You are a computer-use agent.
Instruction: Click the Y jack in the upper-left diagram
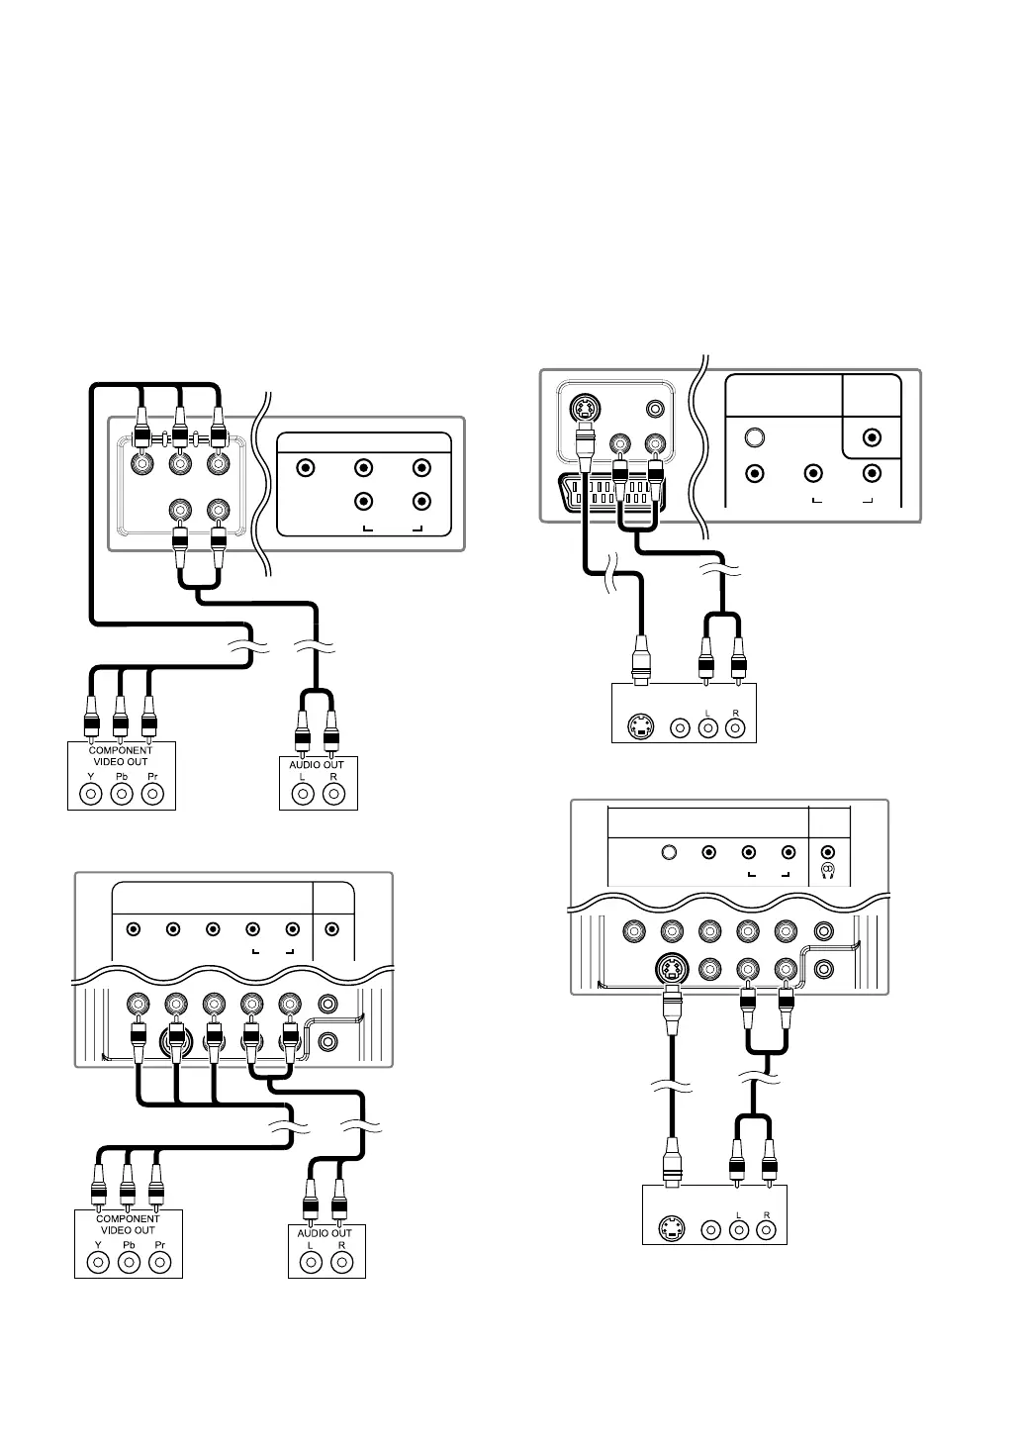pyautogui.click(x=92, y=794)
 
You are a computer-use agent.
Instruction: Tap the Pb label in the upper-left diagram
pyautogui.click(x=122, y=778)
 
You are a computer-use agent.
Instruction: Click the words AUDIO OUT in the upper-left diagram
pyautogui.click(x=317, y=765)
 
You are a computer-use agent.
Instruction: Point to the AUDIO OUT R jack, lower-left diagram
pyautogui.click(x=341, y=1262)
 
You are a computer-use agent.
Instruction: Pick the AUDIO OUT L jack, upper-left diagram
pyautogui.click(x=303, y=794)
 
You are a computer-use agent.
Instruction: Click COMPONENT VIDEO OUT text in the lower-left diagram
pyautogui.click(x=128, y=1224)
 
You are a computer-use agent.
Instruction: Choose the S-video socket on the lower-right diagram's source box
pyautogui.click(x=673, y=1231)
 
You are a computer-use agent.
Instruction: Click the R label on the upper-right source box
pyautogui.click(x=735, y=713)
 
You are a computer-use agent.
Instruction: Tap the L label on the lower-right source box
pyautogui.click(x=738, y=1214)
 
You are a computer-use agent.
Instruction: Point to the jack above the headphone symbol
pyautogui.click(x=828, y=851)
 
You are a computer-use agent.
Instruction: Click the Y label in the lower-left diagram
pyautogui.click(x=98, y=1245)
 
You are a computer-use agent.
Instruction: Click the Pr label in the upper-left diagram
pyautogui.click(x=152, y=778)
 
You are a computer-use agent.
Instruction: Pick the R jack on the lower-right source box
pyautogui.click(x=766, y=1231)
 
